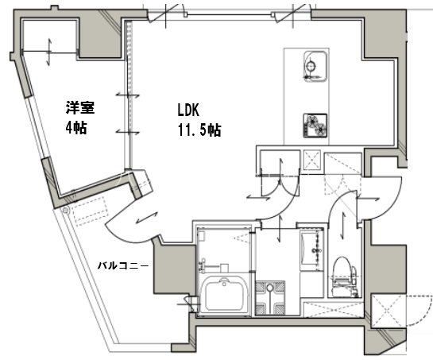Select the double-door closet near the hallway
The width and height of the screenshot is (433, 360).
275,162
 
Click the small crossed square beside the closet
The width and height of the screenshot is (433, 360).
312,160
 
